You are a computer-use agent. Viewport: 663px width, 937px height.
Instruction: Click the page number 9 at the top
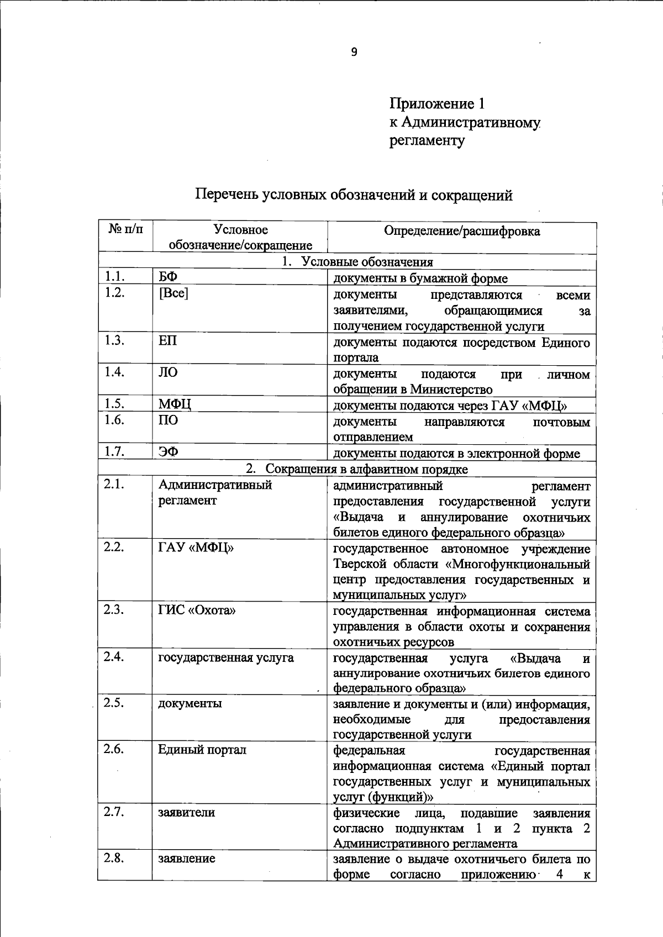click(x=354, y=52)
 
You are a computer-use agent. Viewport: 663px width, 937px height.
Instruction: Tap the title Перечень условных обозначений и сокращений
click(x=354, y=195)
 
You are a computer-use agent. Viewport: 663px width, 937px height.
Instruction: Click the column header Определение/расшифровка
click(x=462, y=231)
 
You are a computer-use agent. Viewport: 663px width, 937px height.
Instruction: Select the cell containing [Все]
click(x=173, y=293)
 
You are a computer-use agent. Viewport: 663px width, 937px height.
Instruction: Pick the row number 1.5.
click(x=114, y=404)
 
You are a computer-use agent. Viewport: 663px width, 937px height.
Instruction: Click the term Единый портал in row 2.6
click(x=202, y=750)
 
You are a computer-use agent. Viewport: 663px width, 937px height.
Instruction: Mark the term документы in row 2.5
click(x=190, y=703)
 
